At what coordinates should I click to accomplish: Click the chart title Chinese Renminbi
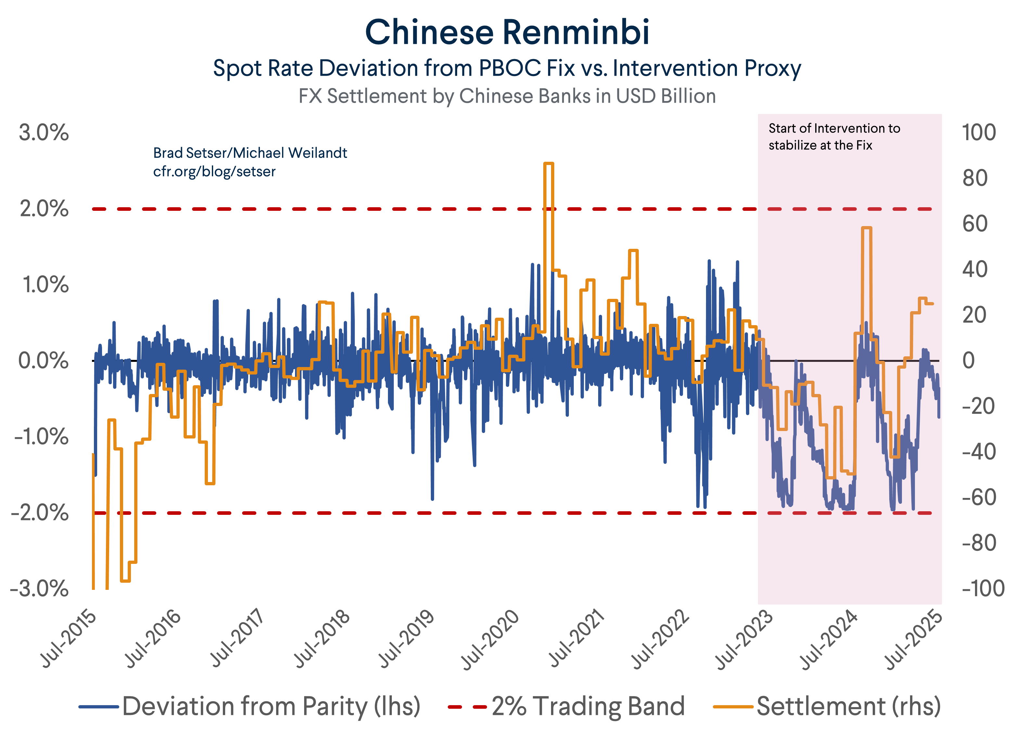[507, 33]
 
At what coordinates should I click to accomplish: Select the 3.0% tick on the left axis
[44, 133]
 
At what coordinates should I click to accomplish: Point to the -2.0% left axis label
[40, 513]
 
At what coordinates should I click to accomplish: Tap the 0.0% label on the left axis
[44, 361]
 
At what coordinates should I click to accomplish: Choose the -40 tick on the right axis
[979, 452]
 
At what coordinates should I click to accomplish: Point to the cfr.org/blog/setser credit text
[214, 172]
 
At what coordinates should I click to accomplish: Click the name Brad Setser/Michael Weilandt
[250, 153]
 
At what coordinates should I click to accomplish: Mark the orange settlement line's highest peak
[549, 164]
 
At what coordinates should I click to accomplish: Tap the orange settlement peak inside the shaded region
[867, 228]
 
